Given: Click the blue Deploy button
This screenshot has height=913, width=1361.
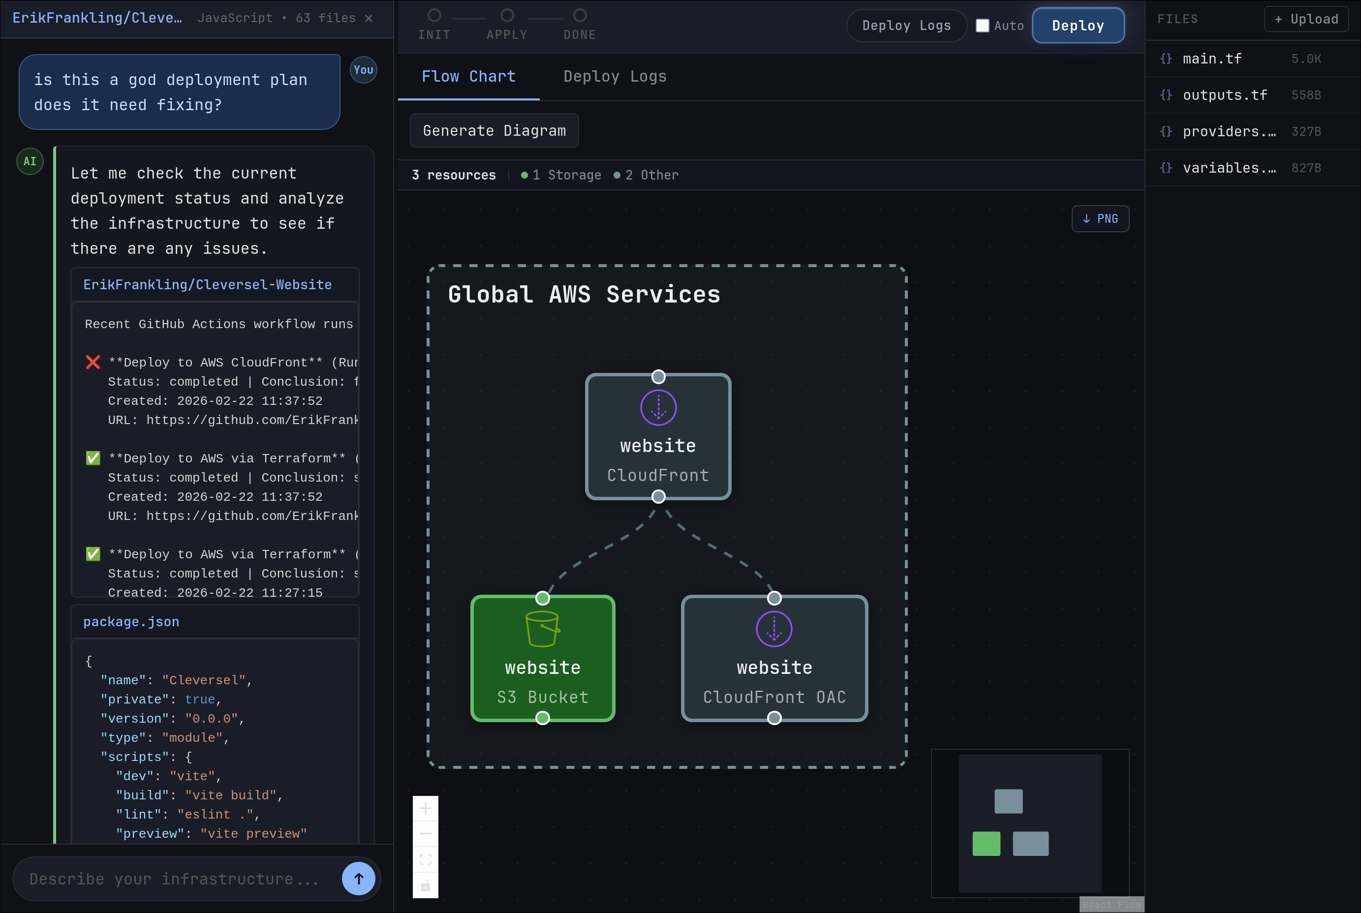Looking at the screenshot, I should click(x=1078, y=26).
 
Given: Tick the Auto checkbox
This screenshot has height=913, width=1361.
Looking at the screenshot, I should click(x=983, y=26).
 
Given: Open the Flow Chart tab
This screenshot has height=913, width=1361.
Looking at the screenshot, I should click(x=468, y=76).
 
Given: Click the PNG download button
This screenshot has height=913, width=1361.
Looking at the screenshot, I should click(x=1100, y=219).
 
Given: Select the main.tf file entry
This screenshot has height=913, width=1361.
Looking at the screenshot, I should click(x=1212, y=59).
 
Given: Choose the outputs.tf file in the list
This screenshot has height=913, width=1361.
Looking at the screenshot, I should click(x=1225, y=95).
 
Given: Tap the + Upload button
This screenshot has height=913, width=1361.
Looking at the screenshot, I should click(x=1306, y=19).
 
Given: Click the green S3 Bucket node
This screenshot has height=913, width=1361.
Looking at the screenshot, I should click(x=542, y=659).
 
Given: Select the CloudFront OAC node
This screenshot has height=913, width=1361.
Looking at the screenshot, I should click(x=774, y=659).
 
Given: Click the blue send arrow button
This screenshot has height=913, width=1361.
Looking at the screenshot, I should click(x=358, y=879).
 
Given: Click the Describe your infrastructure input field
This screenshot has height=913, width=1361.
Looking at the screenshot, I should click(x=175, y=879).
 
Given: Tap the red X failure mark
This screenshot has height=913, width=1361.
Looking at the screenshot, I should click(x=93, y=362).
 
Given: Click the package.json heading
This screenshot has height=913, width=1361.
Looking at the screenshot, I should click(x=131, y=622).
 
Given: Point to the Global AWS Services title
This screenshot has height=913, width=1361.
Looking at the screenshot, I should click(x=584, y=295).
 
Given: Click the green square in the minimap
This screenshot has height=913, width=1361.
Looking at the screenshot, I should click(x=986, y=844).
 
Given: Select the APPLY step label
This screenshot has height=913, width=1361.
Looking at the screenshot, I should click(x=507, y=35).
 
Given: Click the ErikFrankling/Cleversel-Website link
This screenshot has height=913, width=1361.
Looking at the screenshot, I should click(x=207, y=285).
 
